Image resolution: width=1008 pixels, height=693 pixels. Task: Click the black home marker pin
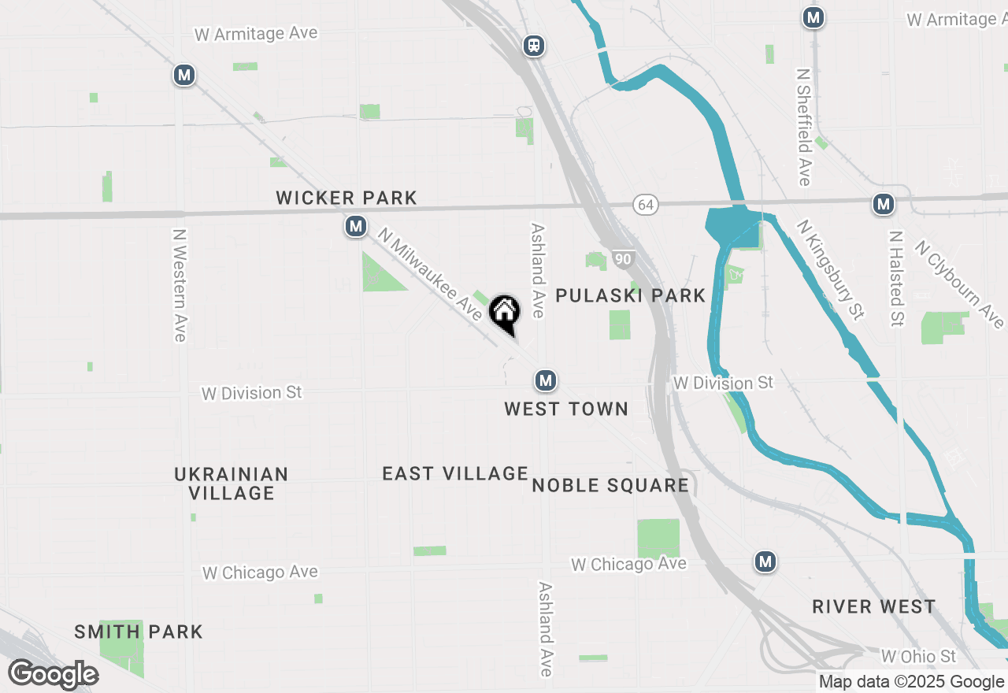point(504,313)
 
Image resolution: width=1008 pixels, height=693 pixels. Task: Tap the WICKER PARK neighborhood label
point(346,198)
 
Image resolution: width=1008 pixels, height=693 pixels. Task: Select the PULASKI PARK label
point(631,295)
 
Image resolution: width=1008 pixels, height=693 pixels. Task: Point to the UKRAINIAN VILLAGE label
point(231,484)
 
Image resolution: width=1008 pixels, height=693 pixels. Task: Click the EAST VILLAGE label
point(455,473)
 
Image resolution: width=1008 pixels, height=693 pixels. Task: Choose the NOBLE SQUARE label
point(610,485)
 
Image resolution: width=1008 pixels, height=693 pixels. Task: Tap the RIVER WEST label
point(874,606)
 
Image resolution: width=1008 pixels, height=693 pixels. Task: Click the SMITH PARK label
point(139,632)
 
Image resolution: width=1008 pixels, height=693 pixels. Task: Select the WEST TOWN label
point(566,409)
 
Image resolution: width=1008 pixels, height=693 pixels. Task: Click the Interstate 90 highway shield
point(624,259)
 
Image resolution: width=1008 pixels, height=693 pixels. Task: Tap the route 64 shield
point(646,205)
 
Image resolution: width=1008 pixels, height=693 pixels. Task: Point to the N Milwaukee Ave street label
point(429,274)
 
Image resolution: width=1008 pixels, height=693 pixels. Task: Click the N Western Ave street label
point(180,285)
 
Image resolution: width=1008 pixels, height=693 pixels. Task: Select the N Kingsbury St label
point(830,269)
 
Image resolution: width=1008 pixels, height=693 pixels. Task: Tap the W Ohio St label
point(917,656)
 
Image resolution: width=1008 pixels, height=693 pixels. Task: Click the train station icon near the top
point(535,46)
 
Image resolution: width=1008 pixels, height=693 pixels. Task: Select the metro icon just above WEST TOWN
point(545,381)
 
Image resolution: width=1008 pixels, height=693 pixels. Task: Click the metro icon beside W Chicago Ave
point(765,561)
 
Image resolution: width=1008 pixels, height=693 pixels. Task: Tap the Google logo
point(54,675)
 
